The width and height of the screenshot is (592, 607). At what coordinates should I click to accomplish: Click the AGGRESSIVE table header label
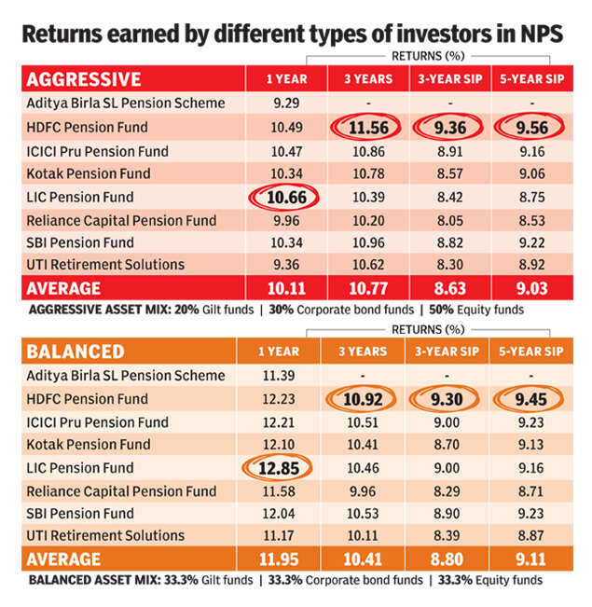click(x=84, y=78)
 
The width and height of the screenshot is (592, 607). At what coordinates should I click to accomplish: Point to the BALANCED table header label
click(x=74, y=352)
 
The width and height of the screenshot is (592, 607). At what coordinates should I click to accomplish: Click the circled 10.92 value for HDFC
click(x=363, y=399)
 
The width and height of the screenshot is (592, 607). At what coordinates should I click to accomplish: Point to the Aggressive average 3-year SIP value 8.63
click(x=448, y=288)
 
